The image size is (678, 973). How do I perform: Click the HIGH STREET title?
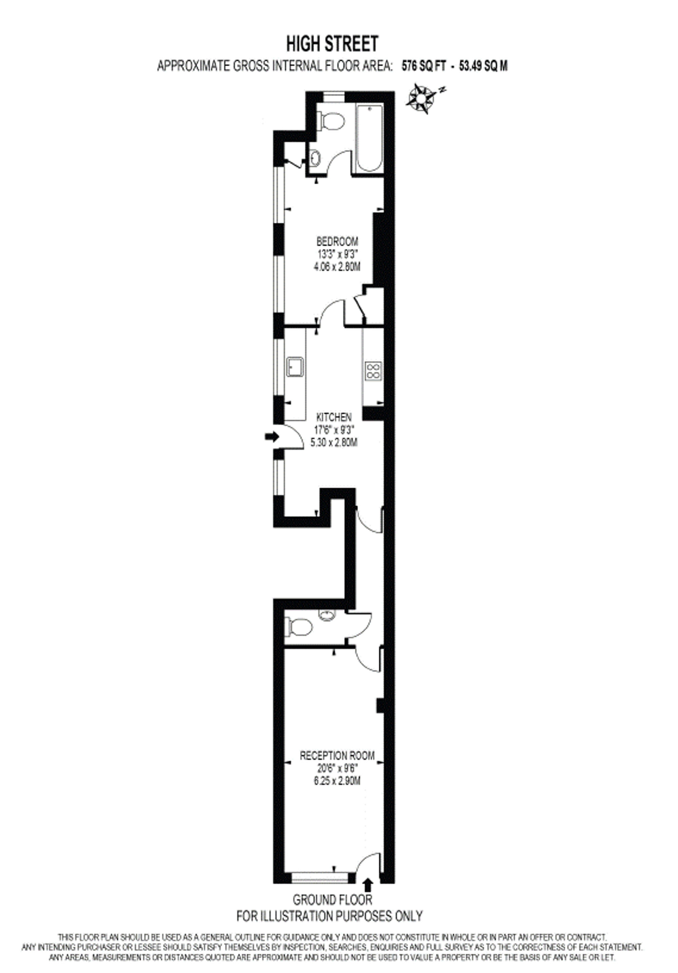[332, 44]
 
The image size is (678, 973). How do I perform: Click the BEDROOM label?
[337, 241]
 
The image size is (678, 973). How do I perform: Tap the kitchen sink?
[295, 366]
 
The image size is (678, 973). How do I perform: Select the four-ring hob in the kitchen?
[373, 370]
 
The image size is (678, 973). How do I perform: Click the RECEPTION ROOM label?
[337, 755]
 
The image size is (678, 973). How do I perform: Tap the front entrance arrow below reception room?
[367, 884]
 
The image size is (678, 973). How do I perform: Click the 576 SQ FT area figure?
[423, 66]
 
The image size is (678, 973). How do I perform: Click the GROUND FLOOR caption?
[333, 900]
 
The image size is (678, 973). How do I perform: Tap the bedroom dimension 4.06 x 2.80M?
[337, 267]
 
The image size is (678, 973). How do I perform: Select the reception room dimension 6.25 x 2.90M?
[337, 781]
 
